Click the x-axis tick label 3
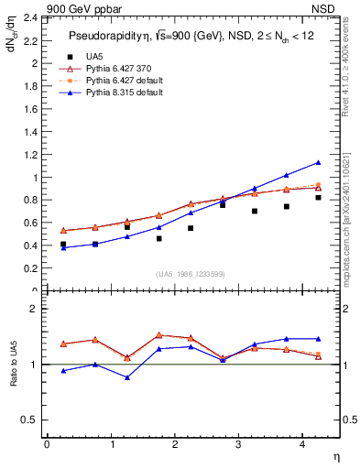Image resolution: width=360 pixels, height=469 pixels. (x=238, y=445)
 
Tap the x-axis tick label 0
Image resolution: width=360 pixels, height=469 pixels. (x=47, y=445)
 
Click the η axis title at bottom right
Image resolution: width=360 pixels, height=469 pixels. (x=335, y=456)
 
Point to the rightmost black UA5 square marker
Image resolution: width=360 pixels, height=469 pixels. (x=318, y=198)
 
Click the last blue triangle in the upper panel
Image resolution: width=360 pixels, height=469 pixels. (x=318, y=162)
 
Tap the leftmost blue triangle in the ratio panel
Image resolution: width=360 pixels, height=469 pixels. (x=63, y=370)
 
